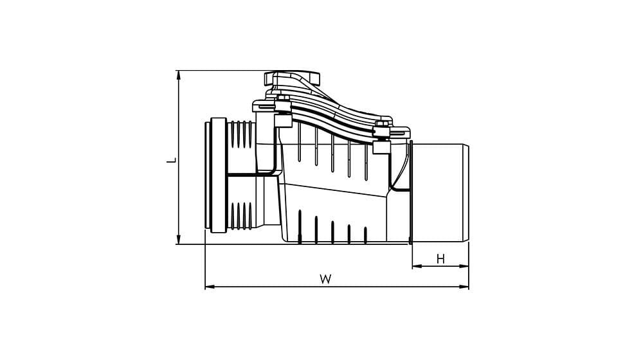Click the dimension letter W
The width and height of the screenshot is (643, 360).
coord(325,279)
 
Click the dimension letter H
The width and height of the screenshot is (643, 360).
coord(440,259)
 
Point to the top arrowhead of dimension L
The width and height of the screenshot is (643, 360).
coord(178,74)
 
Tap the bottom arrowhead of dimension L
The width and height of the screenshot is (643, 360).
coord(178,240)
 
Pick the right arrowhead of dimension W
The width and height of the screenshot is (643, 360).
coord(464,287)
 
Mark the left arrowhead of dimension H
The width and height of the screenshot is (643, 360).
coord(417,266)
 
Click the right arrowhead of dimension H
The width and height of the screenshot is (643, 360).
coord(464,266)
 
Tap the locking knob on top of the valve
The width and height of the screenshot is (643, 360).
coord(291,78)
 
